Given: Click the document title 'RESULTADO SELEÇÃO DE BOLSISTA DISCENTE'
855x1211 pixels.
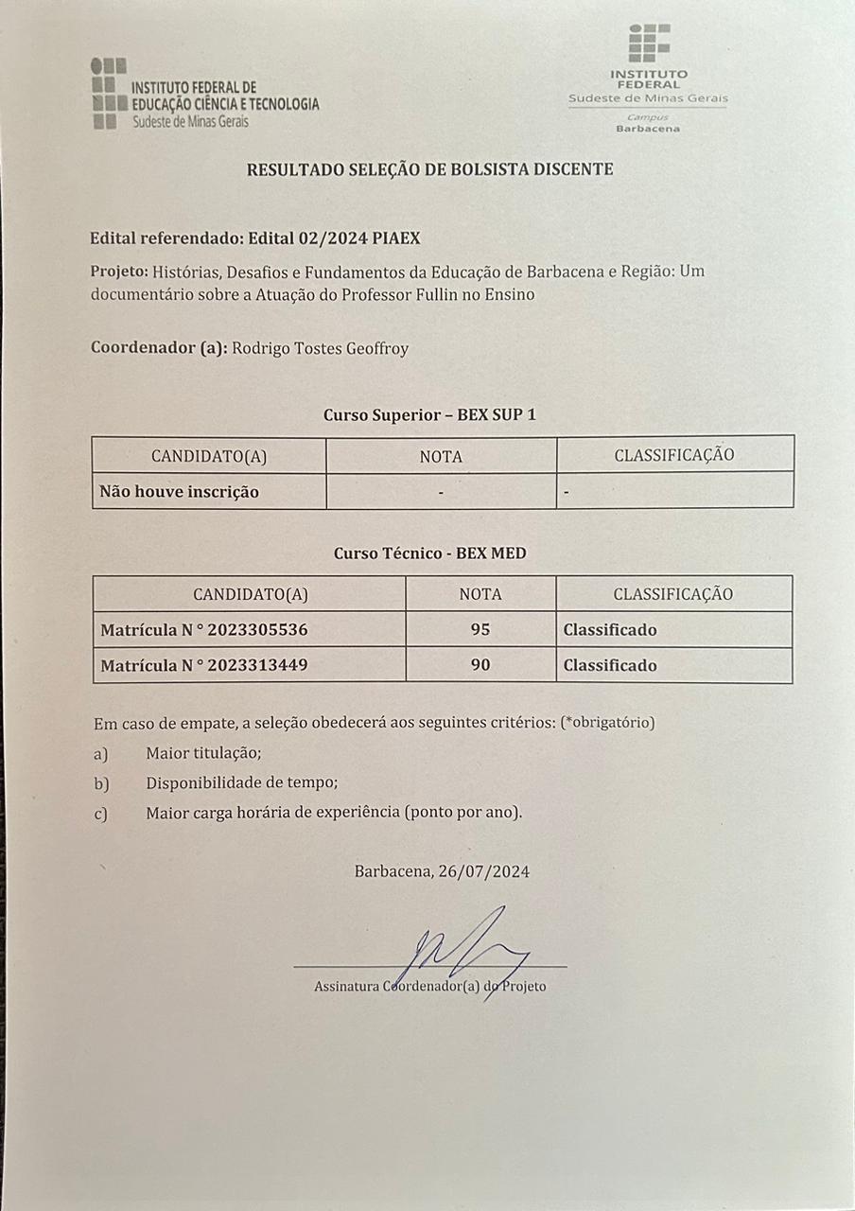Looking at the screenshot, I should [429, 169].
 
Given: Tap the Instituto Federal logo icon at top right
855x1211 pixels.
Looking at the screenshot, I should [649, 44].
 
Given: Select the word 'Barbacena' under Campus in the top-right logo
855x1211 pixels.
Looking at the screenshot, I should [648, 129].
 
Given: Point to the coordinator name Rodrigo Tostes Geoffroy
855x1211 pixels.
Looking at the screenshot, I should [320, 348].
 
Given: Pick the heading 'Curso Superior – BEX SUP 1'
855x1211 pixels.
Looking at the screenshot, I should [429, 414].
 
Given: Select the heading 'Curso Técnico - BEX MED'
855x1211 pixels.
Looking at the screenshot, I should [429, 553].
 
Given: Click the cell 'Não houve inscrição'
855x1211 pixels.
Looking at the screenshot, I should [180, 492].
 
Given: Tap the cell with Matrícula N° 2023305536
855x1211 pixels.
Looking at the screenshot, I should [204, 630].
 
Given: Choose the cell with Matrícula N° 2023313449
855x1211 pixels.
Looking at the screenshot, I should [204, 666].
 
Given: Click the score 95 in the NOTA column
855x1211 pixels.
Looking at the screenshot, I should [480, 630].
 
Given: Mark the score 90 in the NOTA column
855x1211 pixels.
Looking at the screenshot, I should [480, 666].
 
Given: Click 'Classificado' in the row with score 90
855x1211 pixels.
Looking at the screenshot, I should [610, 666].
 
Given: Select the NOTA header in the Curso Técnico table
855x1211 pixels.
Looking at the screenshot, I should [480, 594].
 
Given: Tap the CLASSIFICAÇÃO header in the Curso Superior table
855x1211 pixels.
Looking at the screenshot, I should [674, 455].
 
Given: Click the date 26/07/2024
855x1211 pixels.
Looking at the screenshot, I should [484, 871].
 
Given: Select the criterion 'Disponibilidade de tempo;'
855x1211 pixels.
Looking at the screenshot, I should [241, 783].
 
